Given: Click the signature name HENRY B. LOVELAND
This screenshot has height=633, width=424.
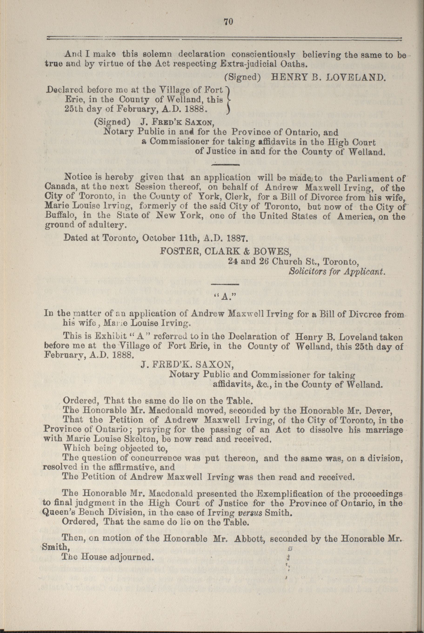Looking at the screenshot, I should pyautogui.click(x=327, y=78).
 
